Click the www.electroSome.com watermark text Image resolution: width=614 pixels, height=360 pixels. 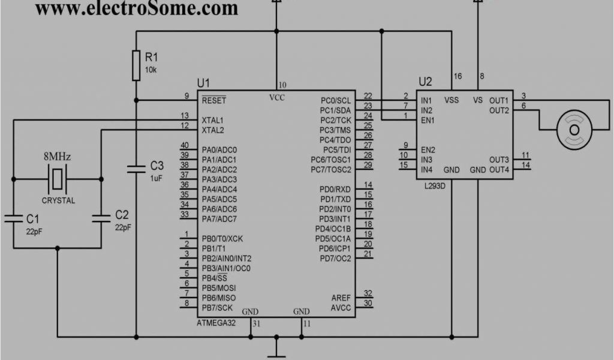point(137,8)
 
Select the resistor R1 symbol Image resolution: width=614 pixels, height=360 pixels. point(137,65)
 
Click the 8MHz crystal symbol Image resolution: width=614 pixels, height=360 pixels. point(57,178)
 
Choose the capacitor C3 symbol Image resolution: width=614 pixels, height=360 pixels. point(137,169)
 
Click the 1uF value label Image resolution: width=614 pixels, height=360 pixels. point(156,178)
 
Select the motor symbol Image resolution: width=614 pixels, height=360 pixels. point(574,129)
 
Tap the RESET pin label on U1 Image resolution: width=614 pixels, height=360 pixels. point(214,100)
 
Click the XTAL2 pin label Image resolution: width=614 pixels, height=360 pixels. point(213,130)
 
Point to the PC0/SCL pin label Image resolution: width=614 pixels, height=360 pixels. point(336,100)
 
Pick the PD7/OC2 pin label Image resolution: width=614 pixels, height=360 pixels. point(335,259)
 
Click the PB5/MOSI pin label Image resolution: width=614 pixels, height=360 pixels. point(219,288)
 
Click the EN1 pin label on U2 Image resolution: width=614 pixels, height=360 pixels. point(428,120)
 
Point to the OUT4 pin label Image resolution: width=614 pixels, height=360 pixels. point(499,170)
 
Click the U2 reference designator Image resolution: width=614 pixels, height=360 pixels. point(425,81)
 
